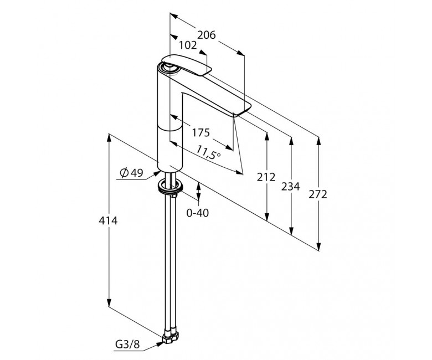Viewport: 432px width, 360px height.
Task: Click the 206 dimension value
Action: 207,35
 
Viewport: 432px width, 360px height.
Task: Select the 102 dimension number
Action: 188,45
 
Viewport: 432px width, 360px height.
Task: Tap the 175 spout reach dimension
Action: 201,133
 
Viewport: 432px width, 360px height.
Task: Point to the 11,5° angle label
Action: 209,153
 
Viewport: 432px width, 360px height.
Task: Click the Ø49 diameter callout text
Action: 132,173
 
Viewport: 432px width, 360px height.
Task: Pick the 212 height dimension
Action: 266,177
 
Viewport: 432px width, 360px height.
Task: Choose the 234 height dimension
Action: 290,187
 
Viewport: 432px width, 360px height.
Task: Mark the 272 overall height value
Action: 318,194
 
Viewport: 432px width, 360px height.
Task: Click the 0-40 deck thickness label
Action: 198,213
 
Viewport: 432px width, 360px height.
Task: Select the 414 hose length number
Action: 108,220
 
